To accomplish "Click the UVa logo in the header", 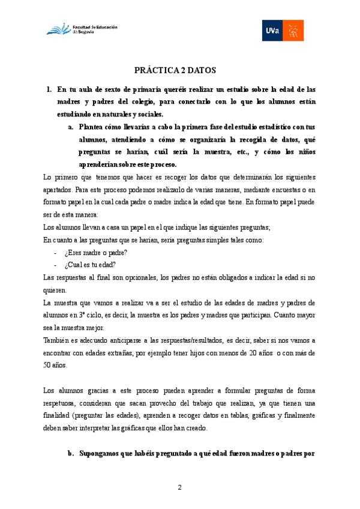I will click(283, 30).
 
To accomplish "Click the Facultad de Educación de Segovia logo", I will click(82, 29).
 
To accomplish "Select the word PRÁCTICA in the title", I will click(157, 70).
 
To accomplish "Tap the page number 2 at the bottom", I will click(179, 486).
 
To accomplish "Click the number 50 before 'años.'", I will click(48, 364).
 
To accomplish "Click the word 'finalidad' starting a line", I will click(59, 415).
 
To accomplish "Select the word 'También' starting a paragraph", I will click(58, 340).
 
